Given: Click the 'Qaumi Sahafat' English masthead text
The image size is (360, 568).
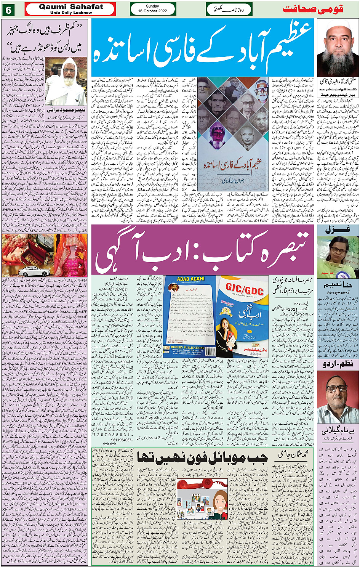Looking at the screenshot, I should pos(71,7).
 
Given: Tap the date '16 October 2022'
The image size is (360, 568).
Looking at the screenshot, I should pos(152,11).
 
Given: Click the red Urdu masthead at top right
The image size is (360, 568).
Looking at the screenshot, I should pos(313,9).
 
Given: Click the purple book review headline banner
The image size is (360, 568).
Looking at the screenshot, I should pos(202,250).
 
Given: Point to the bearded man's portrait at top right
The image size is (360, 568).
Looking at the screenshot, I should pos(337,48).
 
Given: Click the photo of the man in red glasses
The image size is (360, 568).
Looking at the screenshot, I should pos(338,396).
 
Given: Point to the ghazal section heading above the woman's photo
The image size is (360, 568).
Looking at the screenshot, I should pos(337,230).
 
